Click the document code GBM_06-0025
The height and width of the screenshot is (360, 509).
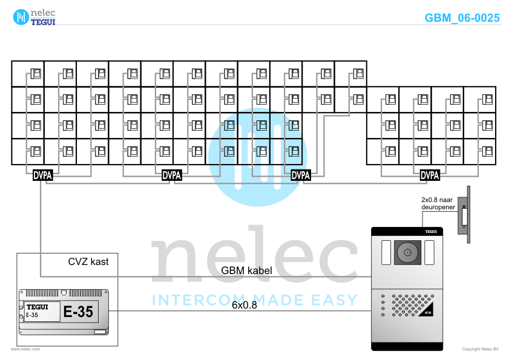point(462,18)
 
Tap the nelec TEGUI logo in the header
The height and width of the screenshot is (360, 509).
point(34,16)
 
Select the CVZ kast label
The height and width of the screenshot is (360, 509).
point(88,262)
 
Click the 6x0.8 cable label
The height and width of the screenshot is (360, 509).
point(245,305)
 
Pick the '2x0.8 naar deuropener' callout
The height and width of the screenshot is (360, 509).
point(438,203)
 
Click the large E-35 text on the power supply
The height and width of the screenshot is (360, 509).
point(78,312)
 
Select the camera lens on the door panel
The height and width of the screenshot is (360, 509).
point(407,252)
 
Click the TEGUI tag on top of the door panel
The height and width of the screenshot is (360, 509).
point(430,231)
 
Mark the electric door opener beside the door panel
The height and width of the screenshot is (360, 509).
point(465,214)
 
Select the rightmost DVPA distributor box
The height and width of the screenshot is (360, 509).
point(430,175)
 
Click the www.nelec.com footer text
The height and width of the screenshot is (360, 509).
point(25,349)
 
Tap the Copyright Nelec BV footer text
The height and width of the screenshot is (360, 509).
point(481,349)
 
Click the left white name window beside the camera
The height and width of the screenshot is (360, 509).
point(386,252)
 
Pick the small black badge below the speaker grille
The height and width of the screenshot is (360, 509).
point(427,313)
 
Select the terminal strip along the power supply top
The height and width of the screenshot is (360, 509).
point(63,292)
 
